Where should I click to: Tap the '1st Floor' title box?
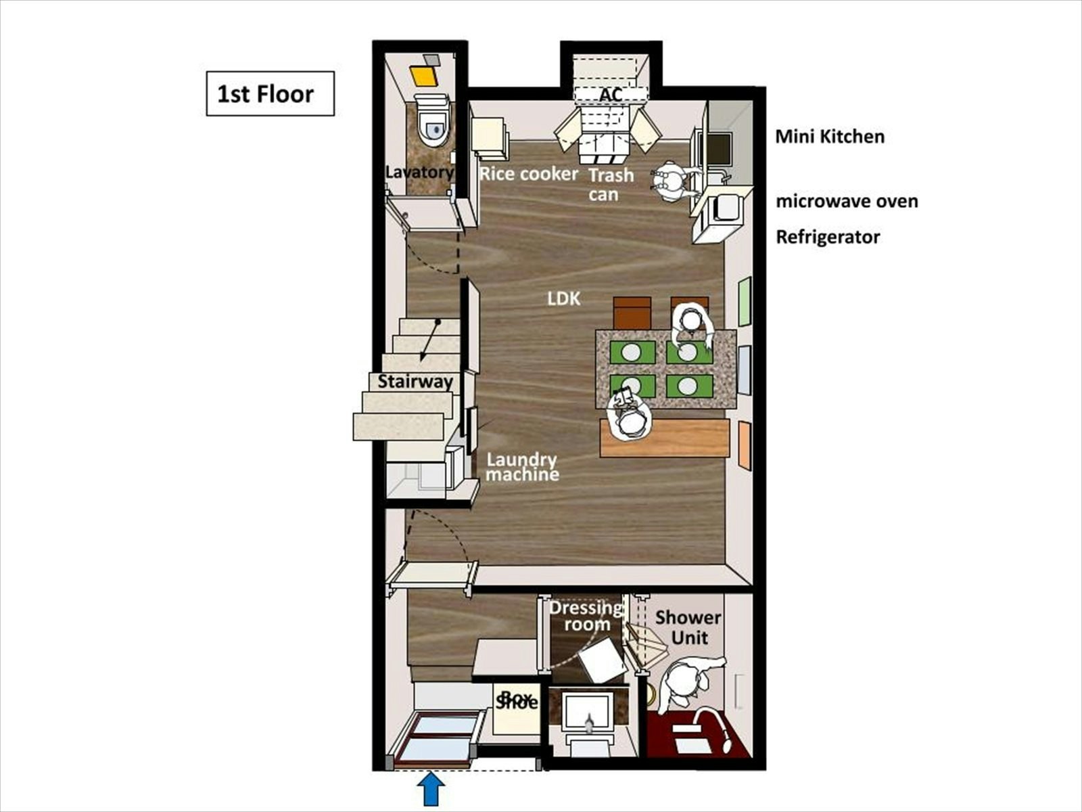coord(270,93)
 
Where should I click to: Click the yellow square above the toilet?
coord(424,76)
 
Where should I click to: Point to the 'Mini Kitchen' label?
coord(830,137)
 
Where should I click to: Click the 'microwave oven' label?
coord(847,201)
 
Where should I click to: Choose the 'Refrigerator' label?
coord(828,237)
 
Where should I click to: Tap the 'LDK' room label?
coord(564,298)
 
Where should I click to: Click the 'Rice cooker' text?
coord(528,173)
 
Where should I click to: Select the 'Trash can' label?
coord(610,184)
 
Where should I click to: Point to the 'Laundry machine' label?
coord(522,466)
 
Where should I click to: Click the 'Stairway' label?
coord(415,382)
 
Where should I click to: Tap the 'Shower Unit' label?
coord(688,627)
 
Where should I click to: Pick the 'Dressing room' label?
coord(586,616)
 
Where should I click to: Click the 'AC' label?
coord(610,95)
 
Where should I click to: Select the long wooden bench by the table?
coord(665,438)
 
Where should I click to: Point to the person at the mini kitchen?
coord(672,182)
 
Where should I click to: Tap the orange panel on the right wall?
coord(745,446)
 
